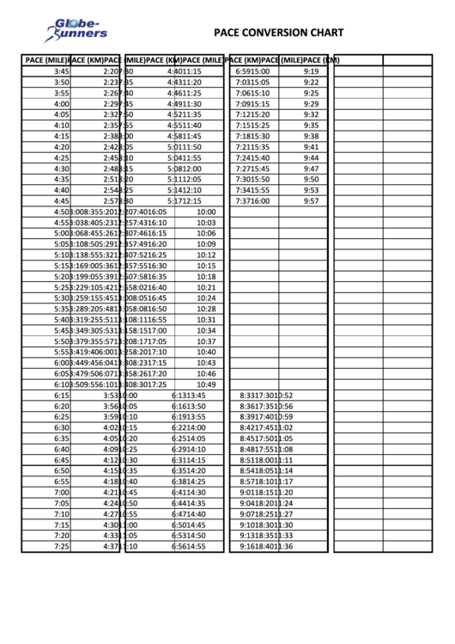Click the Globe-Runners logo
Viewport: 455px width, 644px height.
click(76, 30)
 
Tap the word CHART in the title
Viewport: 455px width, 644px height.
click(327, 34)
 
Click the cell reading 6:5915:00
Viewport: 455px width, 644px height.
click(252, 71)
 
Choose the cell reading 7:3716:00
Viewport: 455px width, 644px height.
click(252, 201)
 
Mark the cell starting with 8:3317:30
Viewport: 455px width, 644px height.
click(266, 396)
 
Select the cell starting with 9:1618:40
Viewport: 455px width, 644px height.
click(266, 547)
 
